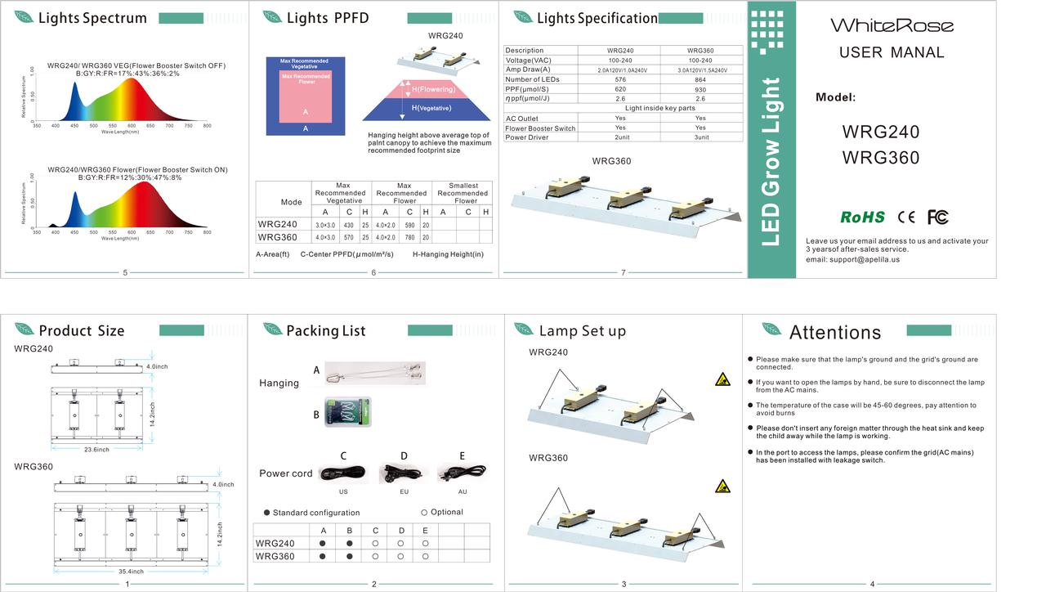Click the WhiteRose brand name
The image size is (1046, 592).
pos(892,25)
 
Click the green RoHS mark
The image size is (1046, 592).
pos(862,217)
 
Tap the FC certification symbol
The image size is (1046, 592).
pos(937,217)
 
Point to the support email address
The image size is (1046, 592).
pos(852,259)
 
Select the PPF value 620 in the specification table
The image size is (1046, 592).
pos(620,89)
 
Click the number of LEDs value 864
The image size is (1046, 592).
pos(700,79)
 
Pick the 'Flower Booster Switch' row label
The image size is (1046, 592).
pos(540,128)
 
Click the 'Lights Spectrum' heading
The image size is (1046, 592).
pos(92,18)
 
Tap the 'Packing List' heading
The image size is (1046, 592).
pos(325,330)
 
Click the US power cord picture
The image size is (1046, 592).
pos(342,473)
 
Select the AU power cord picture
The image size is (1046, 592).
pos(462,473)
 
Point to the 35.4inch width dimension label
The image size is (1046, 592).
pos(132,571)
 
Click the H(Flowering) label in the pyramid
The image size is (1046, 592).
pos(433,89)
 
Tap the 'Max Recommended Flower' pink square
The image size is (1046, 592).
pos(306,96)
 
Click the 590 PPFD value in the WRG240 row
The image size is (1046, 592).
pos(410,225)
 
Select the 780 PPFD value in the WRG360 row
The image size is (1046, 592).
pos(410,238)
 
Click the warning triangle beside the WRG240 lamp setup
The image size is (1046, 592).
pos(722,379)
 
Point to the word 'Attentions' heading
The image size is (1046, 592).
pos(834,332)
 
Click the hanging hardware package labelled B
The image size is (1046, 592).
pos(348,412)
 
